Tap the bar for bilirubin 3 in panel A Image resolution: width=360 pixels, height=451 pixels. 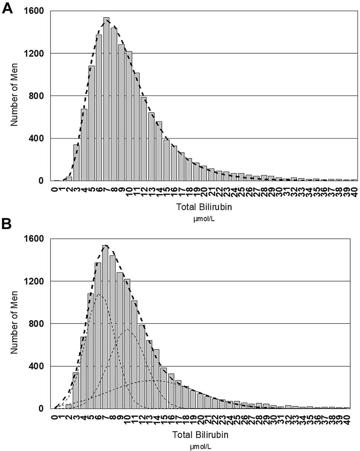point(76,163)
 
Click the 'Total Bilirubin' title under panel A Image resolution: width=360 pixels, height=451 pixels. point(204,207)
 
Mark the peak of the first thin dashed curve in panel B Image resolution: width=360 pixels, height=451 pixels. point(99,294)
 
